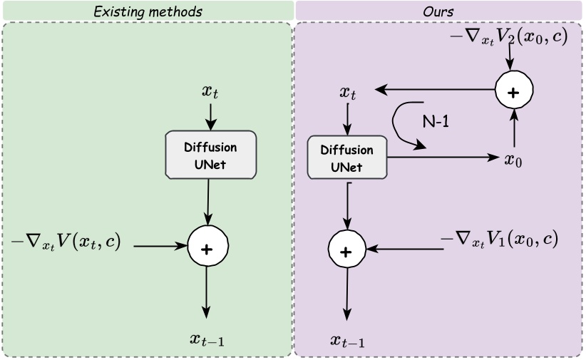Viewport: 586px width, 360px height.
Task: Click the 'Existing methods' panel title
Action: point(148,11)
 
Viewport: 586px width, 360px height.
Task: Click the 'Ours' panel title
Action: point(438,11)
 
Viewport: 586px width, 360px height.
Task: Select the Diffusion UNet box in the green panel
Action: point(210,155)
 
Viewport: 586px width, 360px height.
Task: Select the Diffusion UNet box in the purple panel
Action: point(346,158)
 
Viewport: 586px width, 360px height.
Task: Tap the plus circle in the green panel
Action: point(207,247)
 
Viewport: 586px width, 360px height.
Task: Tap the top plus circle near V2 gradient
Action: point(514,91)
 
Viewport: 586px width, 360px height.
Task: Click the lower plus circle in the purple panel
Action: point(346,250)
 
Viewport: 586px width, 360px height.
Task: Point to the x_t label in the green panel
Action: point(210,91)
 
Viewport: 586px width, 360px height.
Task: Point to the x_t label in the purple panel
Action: point(348,92)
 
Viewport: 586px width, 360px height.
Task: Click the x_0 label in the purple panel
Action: point(513,159)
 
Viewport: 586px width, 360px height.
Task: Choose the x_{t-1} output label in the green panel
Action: point(207,340)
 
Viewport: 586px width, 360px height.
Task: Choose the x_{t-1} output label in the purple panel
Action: point(347,341)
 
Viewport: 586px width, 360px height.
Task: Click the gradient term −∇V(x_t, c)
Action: point(66,242)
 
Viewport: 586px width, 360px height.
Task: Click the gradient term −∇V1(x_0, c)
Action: point(499,239)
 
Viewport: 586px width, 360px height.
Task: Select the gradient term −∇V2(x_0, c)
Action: point(509,36)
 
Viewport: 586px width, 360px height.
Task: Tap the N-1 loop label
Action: point(436,121)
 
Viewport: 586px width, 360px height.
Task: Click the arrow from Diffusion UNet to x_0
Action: point(442,158)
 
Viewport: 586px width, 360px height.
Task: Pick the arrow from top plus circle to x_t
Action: point(435,90)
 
